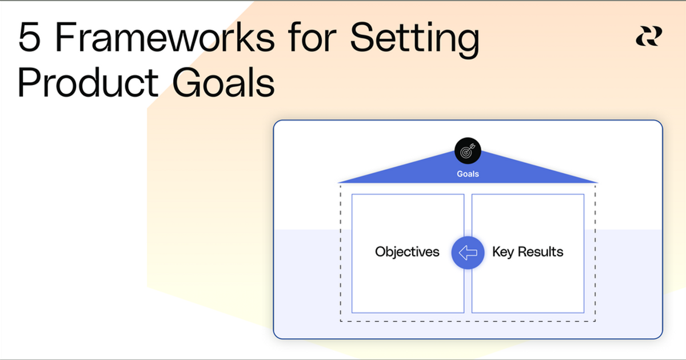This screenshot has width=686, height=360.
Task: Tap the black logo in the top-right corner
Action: [649, 36]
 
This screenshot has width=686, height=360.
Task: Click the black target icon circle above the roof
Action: [468, 151]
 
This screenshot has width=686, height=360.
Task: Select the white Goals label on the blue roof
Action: [468, 174]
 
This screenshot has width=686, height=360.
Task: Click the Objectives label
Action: [407, 252]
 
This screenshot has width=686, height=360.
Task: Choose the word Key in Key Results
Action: [503, 252]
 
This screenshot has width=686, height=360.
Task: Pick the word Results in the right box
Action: [540, 252]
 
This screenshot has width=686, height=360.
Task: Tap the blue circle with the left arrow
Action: [468, 252]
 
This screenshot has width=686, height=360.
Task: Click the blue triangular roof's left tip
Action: [340, 182]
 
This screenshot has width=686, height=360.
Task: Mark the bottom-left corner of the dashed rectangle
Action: [341, 321]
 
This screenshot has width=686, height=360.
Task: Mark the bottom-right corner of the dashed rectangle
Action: [595, 321]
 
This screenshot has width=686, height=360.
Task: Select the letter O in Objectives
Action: [381, 252]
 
